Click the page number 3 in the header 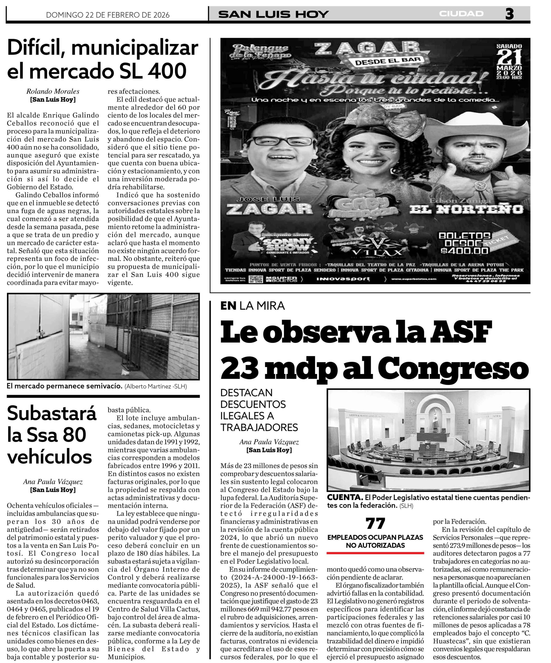(509, 14)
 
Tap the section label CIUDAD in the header (461, 14)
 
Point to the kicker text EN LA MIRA (252, 306)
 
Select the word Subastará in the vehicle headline (52, 414)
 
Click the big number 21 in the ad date (509, 57)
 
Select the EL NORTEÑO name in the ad (466, 209)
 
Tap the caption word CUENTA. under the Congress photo (345, 497)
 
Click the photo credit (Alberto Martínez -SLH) (156, 386)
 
